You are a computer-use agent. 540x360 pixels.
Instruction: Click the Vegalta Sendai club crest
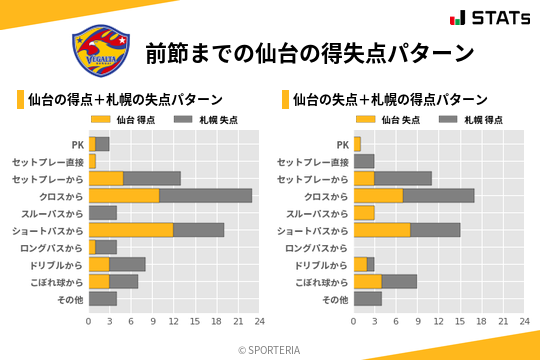[100, 50]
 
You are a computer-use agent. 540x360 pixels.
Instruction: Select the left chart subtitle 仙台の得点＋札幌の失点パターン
[125, 100]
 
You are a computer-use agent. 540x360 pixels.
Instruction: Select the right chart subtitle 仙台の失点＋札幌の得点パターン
[390, 100]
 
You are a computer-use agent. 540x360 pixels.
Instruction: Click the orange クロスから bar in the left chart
[124, 195]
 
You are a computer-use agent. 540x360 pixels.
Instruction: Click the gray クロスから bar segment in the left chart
[205, 195]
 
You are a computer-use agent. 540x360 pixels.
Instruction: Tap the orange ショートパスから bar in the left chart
[131, 229]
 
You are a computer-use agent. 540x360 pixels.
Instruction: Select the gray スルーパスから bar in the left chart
[103, 212]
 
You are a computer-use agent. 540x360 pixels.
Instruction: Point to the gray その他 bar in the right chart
[368, 298]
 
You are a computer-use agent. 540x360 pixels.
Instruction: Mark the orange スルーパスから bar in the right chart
[364, 212]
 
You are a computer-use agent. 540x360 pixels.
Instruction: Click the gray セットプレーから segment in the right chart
[403, 178]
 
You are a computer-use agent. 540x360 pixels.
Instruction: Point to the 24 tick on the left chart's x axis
[259, 321]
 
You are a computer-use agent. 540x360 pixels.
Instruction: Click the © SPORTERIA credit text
[270, 349]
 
